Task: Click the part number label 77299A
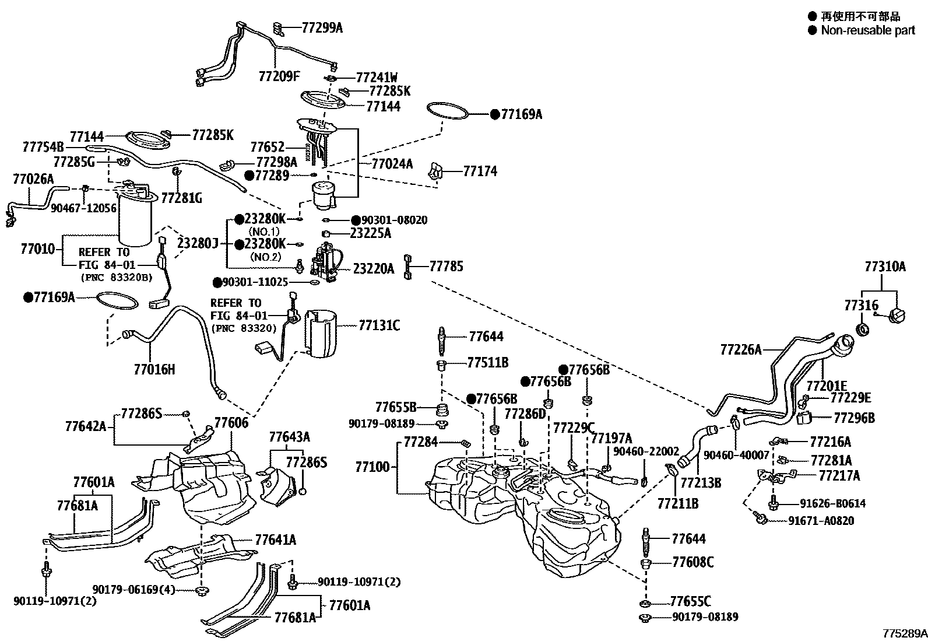coord(322,27)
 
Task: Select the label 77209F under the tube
coord(279,76)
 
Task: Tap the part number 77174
coord(480,171)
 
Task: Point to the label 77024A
coord(392,164)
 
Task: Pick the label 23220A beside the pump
coord(374,269)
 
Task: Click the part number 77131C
coord(379,325)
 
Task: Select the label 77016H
coord(154,369)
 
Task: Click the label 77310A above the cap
coord(885,267)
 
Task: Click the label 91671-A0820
coord(821,520)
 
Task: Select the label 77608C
coord(693,562)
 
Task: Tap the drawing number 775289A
coord(904,633)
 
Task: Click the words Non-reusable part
coord(867,30)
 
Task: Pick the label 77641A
coord(275,540)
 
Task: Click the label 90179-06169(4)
coord(133,589)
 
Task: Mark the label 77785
coord(446,267)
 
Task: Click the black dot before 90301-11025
coord(217,282)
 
